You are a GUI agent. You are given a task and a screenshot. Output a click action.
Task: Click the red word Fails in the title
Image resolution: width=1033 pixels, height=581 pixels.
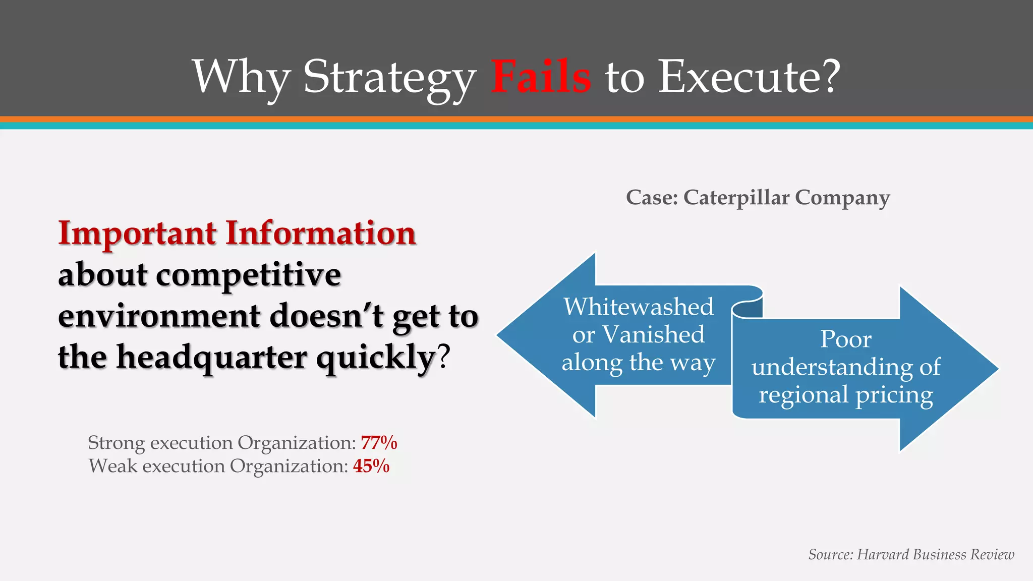(541, 77)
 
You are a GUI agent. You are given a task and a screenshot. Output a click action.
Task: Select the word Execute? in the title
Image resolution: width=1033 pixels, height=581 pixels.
(750, 77)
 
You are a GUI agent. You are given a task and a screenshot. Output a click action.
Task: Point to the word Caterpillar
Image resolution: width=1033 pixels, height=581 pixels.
(736, 197)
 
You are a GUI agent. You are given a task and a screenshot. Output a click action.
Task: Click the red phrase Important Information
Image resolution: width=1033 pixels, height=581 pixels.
(237, 234)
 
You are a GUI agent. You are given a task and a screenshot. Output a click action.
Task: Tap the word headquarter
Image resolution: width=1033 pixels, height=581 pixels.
(212, 357)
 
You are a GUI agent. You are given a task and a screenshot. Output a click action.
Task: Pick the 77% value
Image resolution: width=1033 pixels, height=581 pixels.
(379, 443)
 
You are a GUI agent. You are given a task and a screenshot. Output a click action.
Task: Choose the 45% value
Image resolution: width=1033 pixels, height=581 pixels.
(371, 466)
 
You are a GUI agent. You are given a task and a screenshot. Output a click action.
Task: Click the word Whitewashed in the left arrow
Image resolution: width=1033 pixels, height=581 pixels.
(639, 307)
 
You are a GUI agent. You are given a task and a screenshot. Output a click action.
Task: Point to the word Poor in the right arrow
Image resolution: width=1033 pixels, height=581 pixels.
(846, 339)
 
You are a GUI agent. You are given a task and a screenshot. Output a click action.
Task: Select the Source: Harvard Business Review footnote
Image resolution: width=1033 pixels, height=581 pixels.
(911, 554)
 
